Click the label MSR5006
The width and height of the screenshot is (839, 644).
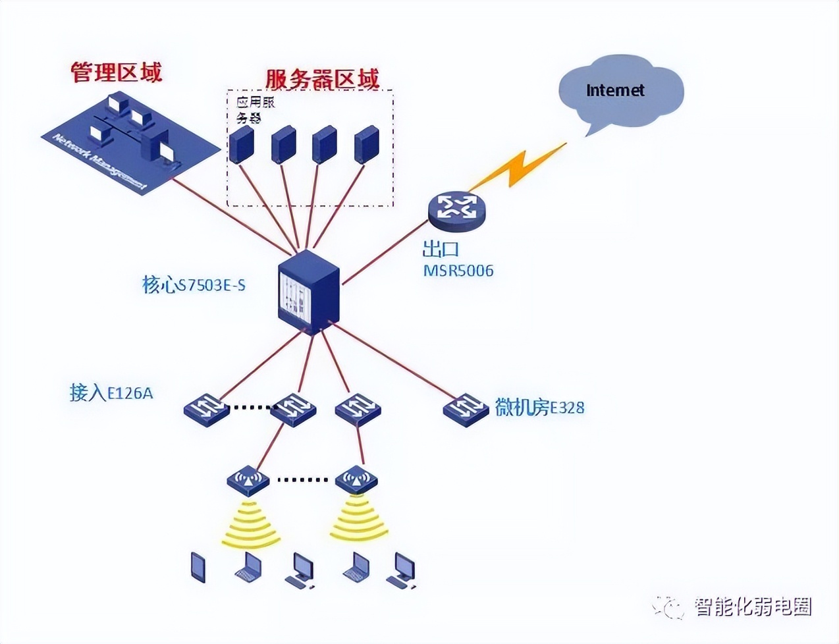pyautogui.click(x=458, y=271)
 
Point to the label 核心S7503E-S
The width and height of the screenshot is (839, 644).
pyautogui.click(x=194, y=285)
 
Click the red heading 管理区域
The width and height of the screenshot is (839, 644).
pyautogui.click(x=117, y=72)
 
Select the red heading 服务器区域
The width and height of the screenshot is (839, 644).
pyautogui.click(x=322, y=79)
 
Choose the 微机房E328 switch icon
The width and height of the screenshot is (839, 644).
pyautogui.click(x=466, y=408)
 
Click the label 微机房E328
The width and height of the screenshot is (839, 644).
pyautogui.click(x=539, y=408)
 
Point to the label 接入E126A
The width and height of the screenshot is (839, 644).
pyautogui.click(x=111, y=393)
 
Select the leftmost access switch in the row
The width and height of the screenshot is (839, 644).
pyautogui.click(x=205, y=408)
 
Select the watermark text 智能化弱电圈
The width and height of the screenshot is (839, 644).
pyautogui.click(x=753, y=606)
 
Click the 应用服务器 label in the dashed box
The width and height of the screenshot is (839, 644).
pyautogui.click(x=255, y=110)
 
